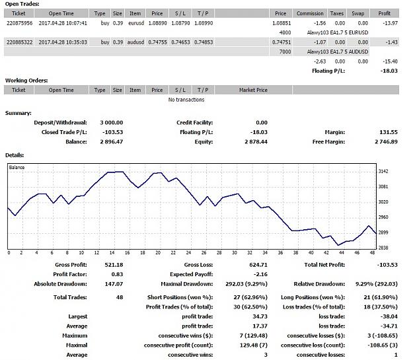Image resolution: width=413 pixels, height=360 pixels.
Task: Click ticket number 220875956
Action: click(x=19, y=23)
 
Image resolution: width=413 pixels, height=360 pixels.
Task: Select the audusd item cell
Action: click(x=135, y=42)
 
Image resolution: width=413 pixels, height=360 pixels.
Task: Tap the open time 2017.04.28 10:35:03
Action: click(x=63, y=42)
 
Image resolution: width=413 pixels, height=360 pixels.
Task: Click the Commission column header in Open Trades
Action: click(x=310, y=13)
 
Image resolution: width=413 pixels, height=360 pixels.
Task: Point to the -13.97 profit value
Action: click(x=390, y=23)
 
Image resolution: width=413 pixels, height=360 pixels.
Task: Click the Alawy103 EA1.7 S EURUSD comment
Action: click(x=338, y=32)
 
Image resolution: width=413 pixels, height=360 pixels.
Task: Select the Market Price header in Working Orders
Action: click(x=253, y=90)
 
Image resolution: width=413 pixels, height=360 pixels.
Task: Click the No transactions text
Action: click(x=186, y=100)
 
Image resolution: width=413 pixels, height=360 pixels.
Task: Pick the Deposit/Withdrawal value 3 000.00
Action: click(x=112, y=123)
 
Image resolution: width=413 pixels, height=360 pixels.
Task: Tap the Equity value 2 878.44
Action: click(x=256, y=142)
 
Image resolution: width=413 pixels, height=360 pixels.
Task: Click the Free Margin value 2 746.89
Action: click(x=386, y=142)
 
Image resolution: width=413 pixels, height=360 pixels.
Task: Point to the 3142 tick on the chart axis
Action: click(x=383, y=172)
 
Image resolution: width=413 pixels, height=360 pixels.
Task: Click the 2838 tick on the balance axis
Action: click(x=383, y=248)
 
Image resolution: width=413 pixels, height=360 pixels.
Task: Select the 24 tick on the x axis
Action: click(x=188, y=253)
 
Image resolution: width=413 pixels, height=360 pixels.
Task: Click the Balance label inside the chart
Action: click(x=17, y=168)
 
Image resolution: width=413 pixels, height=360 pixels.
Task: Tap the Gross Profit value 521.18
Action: click(x=114, y=265)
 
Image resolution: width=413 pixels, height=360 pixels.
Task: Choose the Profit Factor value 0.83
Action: click(x=117, y=274)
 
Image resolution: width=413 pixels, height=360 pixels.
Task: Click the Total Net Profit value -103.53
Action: click(x=387, y=265)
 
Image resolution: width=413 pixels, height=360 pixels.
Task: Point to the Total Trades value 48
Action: click(x=120, y=297)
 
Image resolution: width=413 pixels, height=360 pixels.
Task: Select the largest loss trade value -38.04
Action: click(x=389, y=316)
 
